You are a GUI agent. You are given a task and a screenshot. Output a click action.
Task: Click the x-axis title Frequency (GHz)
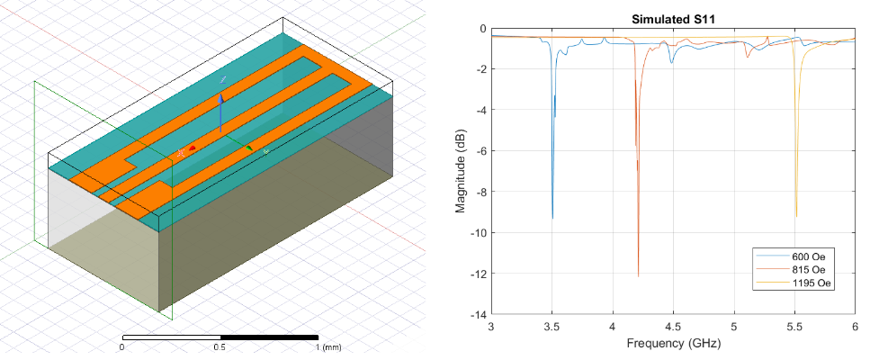coord(672,344)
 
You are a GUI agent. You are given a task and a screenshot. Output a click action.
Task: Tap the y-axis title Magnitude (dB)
coord(461,172)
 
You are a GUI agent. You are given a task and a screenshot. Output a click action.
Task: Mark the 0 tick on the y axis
coord(482,29)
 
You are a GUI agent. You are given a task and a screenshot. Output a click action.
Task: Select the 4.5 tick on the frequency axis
coord(672,327)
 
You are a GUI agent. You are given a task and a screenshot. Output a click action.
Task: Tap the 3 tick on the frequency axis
coord(491,327)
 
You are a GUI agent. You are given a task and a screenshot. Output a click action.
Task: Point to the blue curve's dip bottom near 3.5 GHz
coord(552,218)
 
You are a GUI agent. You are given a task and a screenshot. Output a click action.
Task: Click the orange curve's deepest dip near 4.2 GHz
coord(638,275)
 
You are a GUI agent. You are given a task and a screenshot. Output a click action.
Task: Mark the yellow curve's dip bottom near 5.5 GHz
coord(795,216)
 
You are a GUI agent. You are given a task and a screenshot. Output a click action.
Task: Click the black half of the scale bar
coord(269,337)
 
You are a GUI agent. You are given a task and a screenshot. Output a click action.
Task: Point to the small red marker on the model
coord(192,148)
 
